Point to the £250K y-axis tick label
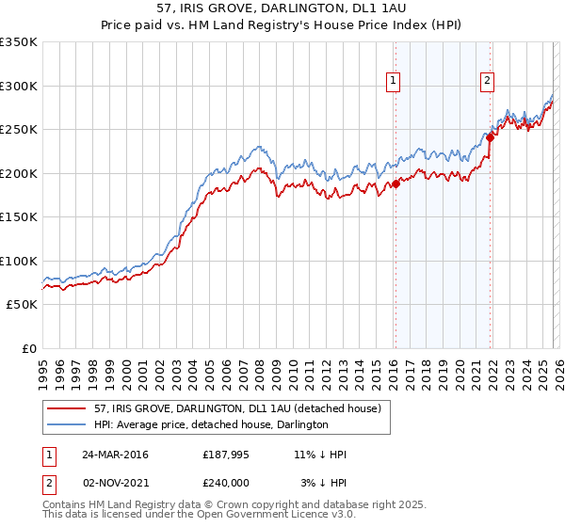[x=19, y=130]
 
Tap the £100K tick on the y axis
[x=19, y=262]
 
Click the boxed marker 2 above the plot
[x=487, y=81]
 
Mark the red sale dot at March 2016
[x=395, y=184]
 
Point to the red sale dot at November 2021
[x=491, y=138]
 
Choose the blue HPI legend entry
[x=210, y=424]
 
